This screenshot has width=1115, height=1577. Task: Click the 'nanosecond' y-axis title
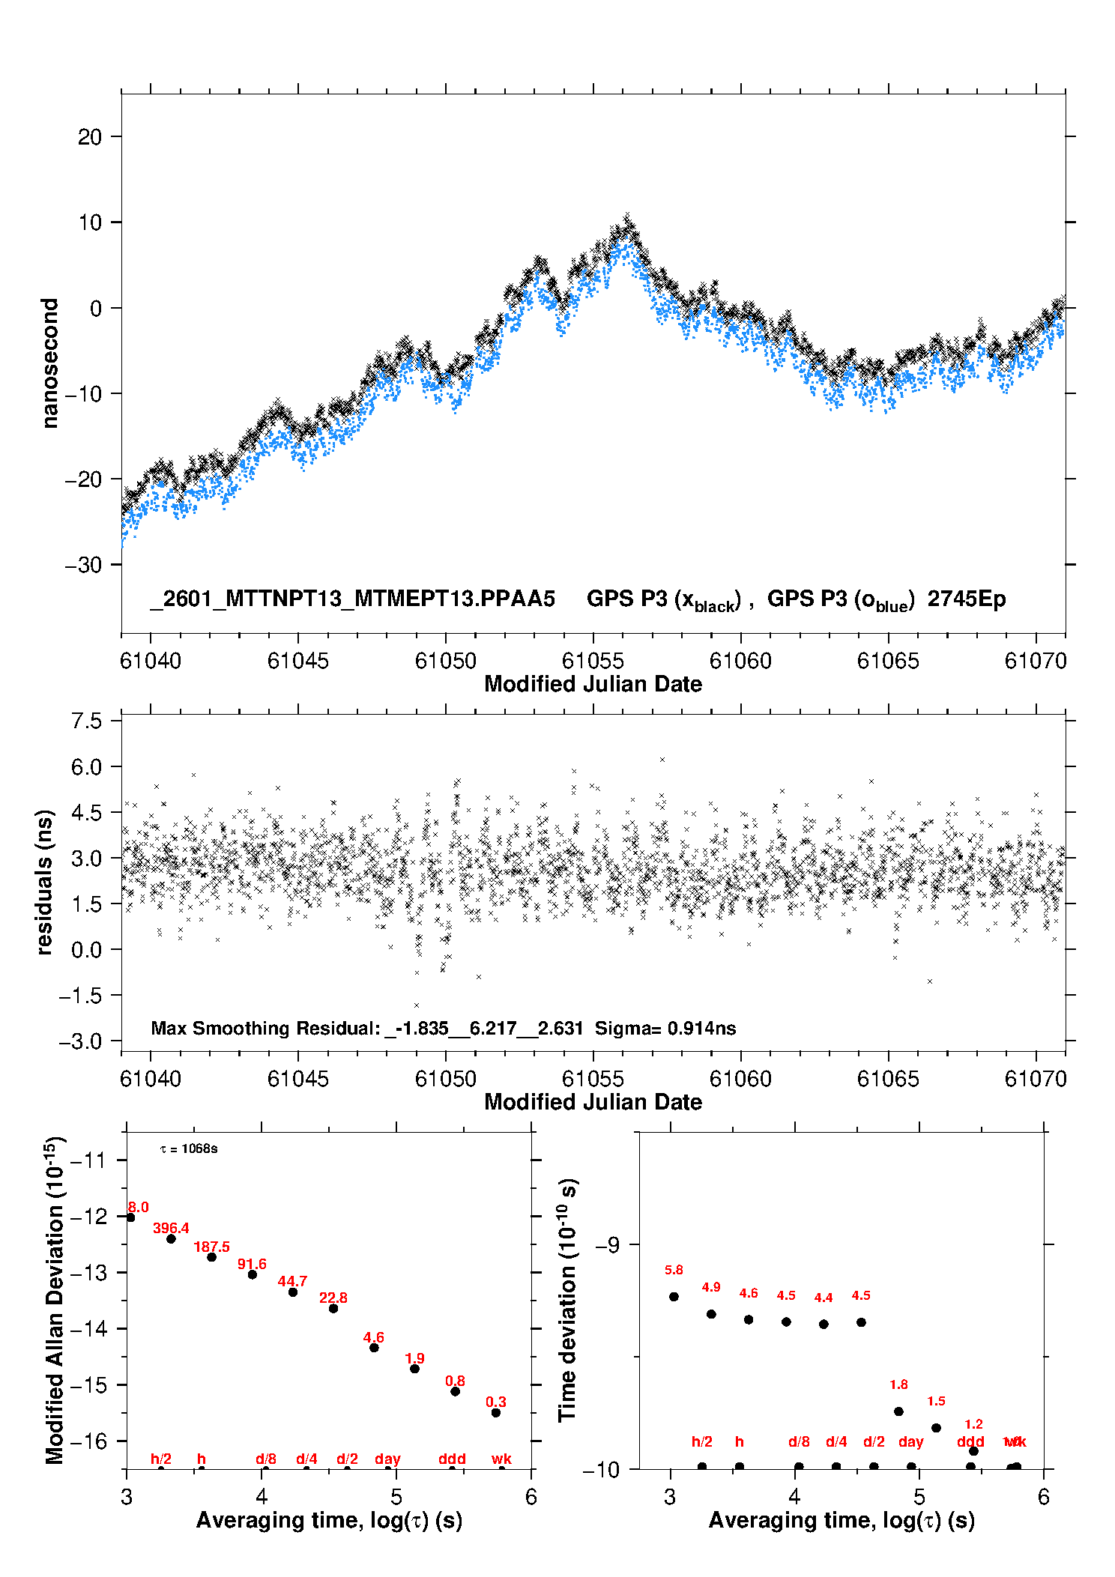pos(49,363)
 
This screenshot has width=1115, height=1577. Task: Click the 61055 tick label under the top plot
pos(593,661)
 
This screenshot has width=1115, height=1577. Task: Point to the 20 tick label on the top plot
pos(90,137)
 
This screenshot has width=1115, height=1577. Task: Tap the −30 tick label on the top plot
pos(84,565)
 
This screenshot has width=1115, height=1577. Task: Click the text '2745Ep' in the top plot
pos(966,599)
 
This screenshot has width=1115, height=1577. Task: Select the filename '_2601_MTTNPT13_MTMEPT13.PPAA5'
pos(353,599)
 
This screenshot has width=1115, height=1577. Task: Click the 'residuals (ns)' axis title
pos(45,882)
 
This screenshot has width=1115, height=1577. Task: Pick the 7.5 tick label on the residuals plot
pos(86,721)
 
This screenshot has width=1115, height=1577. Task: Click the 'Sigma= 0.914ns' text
pos(665,1029)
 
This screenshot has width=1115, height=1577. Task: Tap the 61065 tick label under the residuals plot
pos(888,1079)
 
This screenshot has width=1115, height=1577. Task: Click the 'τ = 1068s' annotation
pos(189,1149)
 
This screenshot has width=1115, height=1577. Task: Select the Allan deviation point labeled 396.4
pos(171,1238)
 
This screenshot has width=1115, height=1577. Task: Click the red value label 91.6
pos(252,1264)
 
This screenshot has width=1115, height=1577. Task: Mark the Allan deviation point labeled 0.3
pos(495,1412)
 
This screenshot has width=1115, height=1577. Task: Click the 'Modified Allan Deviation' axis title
pos(55,1300)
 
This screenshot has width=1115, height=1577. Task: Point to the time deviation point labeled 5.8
pos(674,1296)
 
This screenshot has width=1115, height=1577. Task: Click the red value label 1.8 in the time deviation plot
pos(898,1384)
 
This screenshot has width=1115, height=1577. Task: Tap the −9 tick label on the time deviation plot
pos(608,1244)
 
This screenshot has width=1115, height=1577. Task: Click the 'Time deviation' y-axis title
pos(567,1299)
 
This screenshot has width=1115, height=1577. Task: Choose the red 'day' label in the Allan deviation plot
pos(387,1459)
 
